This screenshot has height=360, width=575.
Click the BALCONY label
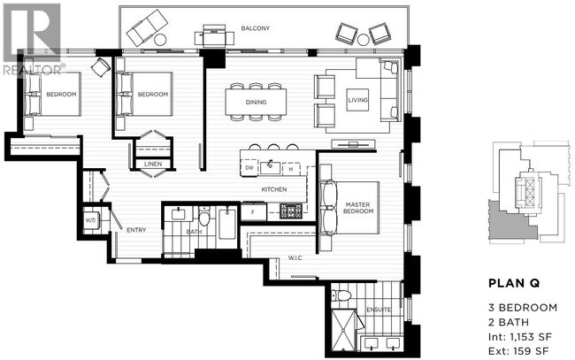click(256, 29)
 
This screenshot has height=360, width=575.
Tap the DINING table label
click(257, 101)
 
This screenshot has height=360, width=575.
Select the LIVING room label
click(358, 99)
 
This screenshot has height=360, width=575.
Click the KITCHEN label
click(272, 189)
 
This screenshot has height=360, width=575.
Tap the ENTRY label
click(135, 231)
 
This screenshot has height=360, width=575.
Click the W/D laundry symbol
click(90, 219)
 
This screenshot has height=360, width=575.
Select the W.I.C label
click(295, 259)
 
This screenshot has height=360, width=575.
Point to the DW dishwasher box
click(249, 166)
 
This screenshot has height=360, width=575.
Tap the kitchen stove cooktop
click(291, 211)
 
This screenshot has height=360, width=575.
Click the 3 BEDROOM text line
click(523, 307)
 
